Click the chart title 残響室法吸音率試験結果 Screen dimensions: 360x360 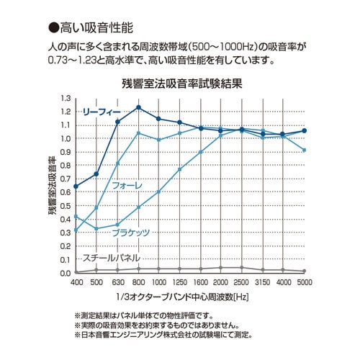click(x=181, y=84)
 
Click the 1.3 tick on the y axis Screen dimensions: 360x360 click(x=66, y=99)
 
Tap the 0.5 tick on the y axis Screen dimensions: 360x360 click(x=66, y=206)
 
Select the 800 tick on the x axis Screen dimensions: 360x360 click(x=138, y=282)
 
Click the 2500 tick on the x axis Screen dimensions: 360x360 click(x=242, y=282)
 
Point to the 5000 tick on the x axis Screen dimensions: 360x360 click(x=305, y=282)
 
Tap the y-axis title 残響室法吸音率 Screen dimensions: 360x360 click(x=52, y=186)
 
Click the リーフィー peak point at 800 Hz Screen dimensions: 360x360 click(x=138, y=107)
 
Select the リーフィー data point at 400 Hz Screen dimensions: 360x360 click(x=76, y=186)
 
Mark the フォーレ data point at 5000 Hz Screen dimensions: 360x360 click(x=305, y=150)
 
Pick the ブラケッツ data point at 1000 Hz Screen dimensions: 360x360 click(x=159, y=192)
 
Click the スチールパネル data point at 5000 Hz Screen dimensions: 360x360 click(x=305, y=271)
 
